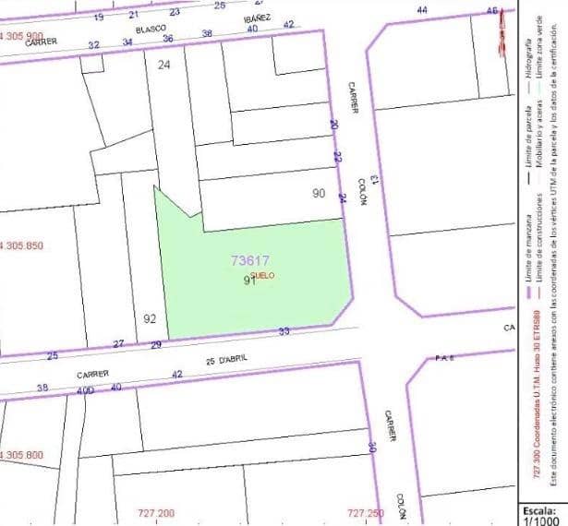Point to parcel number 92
[x=151, y=318]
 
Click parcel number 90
[x=319, y=194]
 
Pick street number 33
[x=284, y=331]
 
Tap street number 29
[x=156, y=344]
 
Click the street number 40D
[x=85, y=390]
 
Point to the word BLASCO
[x=151, y=29]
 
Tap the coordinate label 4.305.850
[x=22, y=245]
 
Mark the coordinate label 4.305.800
[x=22, y=456]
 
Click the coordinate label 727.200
[x=155, y=513]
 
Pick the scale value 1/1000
[x=540, y=520]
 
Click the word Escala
[x=540, y=509]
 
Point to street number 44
[x=422, y=9]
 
